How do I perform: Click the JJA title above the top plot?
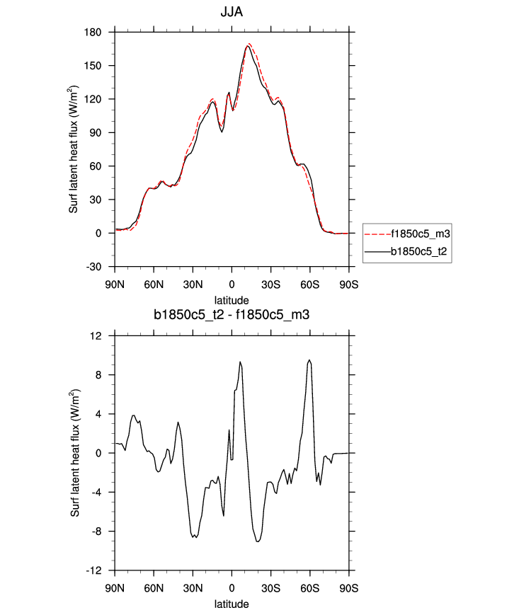pyautogui.click(x=232, y=12)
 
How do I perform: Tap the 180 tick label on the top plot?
pyautogui.click(x=94, y=33)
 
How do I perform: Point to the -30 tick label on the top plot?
pyautogui.click(x=94, y=267)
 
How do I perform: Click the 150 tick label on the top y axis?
pyautogui.click(x=94, y=66)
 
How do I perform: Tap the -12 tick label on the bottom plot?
pyautogui.click(x=96, y=570)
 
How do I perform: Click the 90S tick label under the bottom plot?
pyautogui.click(x=348, y=588)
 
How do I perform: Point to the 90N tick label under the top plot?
pyautogui.click(x=115, y=284)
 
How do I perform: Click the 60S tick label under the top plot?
pyautogui.click(x=309, y=284)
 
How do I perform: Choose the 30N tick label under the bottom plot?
pyautogui.click(x=193, y=588)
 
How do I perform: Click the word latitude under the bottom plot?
pyautogui.click(x=232, y=604)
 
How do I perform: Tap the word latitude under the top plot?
pyautogui.click(x=232, y=300)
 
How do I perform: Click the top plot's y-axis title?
pyautogui.click(x=74, y=149)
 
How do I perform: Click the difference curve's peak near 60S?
pyautogui.click(x=309, y=360)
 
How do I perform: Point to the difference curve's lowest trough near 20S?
pyautogui.click(x=258, y=541)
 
